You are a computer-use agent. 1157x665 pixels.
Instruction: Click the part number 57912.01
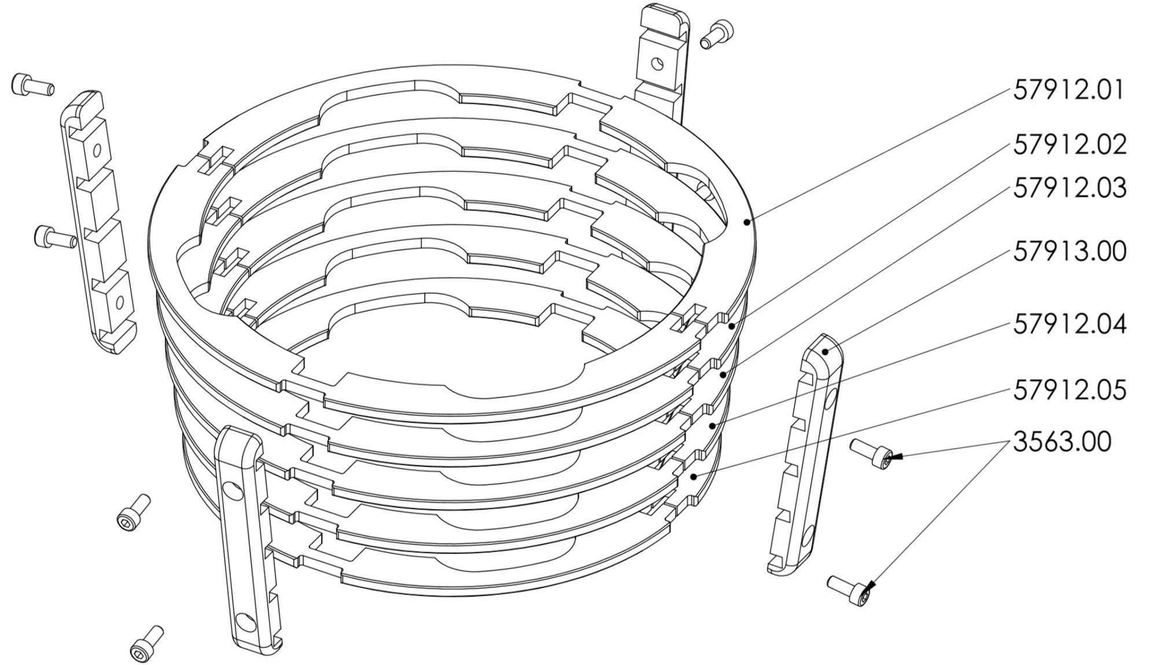(x=1068, y=91)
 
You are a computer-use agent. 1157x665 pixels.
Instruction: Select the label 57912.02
(x=1070, y=145)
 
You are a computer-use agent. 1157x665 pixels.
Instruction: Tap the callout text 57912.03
(x=1070, y=189)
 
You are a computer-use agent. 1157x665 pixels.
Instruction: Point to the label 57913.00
(x=1070, y=251)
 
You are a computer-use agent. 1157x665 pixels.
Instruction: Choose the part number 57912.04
(x=1070, y=324)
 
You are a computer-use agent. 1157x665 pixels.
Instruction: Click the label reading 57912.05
(x=1070, y=390)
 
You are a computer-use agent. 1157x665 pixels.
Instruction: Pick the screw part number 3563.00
(x=1062, y=442)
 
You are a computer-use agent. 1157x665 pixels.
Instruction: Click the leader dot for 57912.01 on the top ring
(x=747, y=222)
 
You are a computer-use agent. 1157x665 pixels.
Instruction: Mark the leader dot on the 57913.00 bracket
(x=826, y=351)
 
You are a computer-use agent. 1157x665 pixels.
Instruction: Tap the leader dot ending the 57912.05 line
(x=694, y=477)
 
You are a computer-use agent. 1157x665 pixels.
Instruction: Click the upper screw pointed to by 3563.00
(x=871, y=454)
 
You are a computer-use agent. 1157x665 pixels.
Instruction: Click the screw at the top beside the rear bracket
(x=716, y=34)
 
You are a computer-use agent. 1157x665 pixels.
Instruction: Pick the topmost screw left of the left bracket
(x=33, y=86)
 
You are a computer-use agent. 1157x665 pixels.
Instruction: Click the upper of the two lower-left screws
(x=134, y=513)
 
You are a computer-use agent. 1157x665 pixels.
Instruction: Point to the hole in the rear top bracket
(x=657, y=63)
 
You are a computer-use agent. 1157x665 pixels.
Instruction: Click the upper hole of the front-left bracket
(x=234, y=491)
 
